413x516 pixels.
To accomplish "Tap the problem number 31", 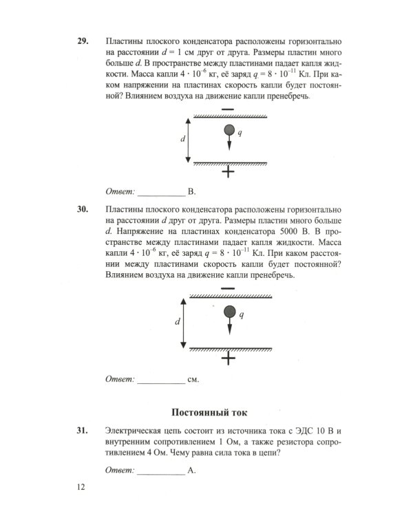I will coord(82,431).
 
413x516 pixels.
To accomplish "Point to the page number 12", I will coord(81,487).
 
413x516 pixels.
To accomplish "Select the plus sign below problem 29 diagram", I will coord(229,173).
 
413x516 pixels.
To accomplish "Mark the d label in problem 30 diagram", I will coord(178,322).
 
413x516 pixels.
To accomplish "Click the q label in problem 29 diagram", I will coord(240,133).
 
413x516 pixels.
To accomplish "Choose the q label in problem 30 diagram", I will coord(240,314).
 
